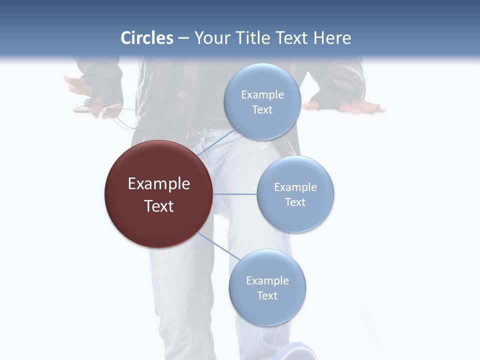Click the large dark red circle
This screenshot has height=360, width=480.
(x=158, y=194)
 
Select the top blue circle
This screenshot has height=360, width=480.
(x=262, y=101)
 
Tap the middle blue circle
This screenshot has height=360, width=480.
(x=295, y=194)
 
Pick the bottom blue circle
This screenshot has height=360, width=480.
(x=267, y=287)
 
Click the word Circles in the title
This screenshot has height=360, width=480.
(x=147, y=38)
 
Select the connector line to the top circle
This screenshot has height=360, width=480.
(x=216, y=144)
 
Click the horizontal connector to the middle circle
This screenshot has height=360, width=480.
(x=234, y=194)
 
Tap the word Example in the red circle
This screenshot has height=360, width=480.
(x=158, y=183)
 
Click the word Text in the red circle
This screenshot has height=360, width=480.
(x=158, y=205)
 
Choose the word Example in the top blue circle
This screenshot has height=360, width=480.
(x=262, y=94)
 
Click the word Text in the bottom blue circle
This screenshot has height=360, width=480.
(x=267, y=295)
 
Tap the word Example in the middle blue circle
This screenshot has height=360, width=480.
(x=295, y=187)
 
